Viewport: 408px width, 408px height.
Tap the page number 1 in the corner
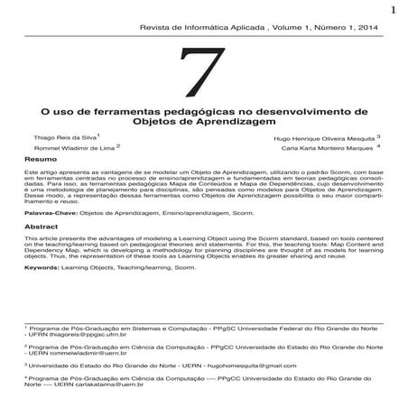tap(394, 11)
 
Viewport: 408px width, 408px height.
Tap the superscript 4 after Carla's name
tap(379, 144)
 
